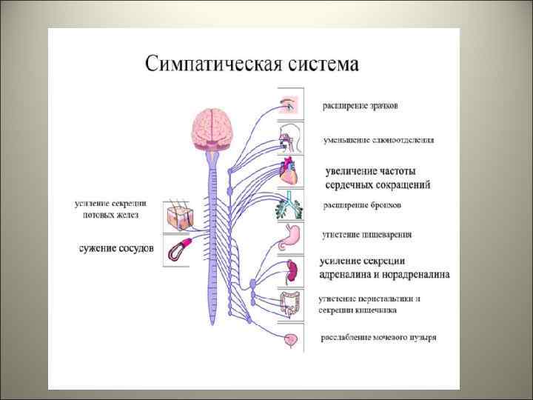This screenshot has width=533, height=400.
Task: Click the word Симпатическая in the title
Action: pyautogui.click(x=207, y=63)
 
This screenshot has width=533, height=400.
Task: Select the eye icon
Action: pyautogui.click(x=289, y=105)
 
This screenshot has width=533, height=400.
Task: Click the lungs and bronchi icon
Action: pyautogui.click(x=290, y=205)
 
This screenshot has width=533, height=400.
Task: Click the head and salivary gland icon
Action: pyautogui.click(x=289, y=138)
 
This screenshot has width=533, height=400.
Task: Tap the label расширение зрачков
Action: pyautogui.click(x=360, y=106)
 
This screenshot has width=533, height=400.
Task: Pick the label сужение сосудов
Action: pyautogui.click(x=116, y=247)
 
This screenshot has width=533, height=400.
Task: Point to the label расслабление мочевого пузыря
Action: pyautogui.click(x=378, y=338)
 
